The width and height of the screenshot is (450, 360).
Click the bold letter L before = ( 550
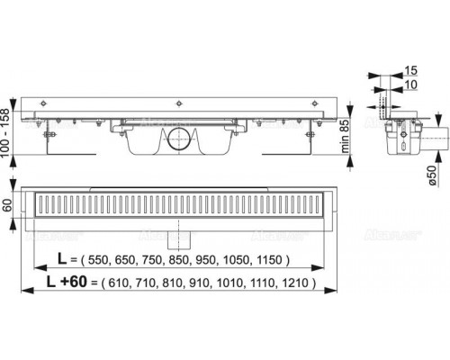coord(59,260)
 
